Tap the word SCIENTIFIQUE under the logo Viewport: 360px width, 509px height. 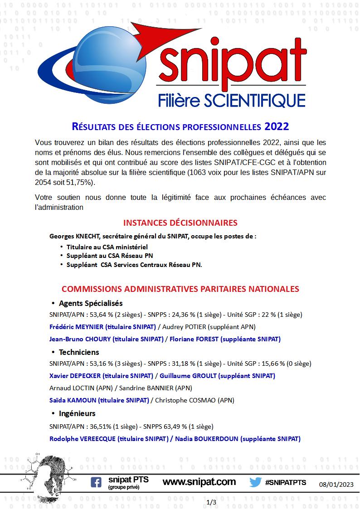coord(254,100)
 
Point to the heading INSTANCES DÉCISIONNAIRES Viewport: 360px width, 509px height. coord(180,223)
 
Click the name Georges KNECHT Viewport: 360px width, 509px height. coord(75,236)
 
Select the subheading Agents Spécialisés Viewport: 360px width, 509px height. coord(91,303)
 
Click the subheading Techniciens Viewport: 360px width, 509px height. coord(79,352)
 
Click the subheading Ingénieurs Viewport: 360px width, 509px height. coord(77,413)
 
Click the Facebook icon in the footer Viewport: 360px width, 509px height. coord(96,483)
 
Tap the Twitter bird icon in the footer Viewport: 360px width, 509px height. coord(256,482)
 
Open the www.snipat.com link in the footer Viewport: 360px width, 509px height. coord(199,482)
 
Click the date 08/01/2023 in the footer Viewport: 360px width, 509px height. coord(336,484)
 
